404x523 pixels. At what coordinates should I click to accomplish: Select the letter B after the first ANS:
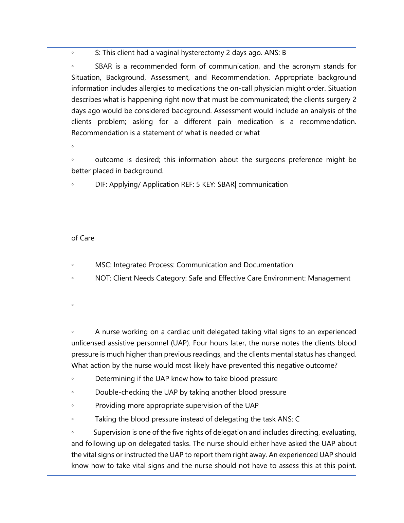284,53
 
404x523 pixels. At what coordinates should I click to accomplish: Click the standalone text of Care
83,238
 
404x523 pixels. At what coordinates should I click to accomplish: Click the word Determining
115,379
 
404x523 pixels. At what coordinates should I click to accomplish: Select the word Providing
110,405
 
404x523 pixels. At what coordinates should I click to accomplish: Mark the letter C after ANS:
297,419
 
